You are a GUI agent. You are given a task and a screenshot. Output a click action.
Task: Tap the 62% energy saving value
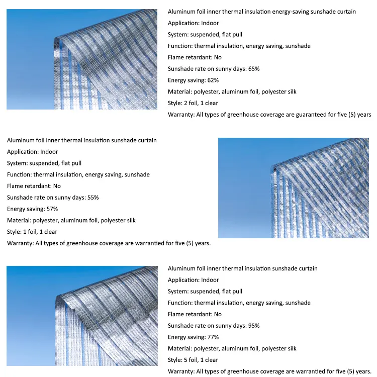pos(212,80)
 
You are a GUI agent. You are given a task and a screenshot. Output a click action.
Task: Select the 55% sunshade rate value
pos(93,198)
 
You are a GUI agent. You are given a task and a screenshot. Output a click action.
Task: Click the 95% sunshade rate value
pos(254,326)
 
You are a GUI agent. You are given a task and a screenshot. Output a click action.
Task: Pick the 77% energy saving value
pos(212,337)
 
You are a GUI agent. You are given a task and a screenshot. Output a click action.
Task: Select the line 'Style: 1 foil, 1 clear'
pos(32,232)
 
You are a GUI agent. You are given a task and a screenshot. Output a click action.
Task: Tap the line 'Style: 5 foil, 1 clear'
pos(193,360)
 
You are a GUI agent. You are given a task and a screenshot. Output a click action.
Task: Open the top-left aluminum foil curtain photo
pos(81,59)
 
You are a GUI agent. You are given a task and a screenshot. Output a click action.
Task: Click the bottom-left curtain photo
pos(81,315)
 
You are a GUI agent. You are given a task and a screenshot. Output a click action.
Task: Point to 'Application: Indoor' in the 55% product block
pos(32,152)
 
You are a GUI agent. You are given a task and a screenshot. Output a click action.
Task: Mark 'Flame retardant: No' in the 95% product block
pos(195,314)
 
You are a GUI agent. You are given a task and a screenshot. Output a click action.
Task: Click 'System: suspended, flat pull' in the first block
pos(205,35)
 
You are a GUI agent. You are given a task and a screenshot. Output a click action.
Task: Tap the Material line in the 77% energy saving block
pos(232,348)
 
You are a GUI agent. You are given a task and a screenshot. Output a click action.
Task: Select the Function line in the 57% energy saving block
pos(78,174)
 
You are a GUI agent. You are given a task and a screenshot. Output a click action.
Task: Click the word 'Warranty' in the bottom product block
pos(181,371)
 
